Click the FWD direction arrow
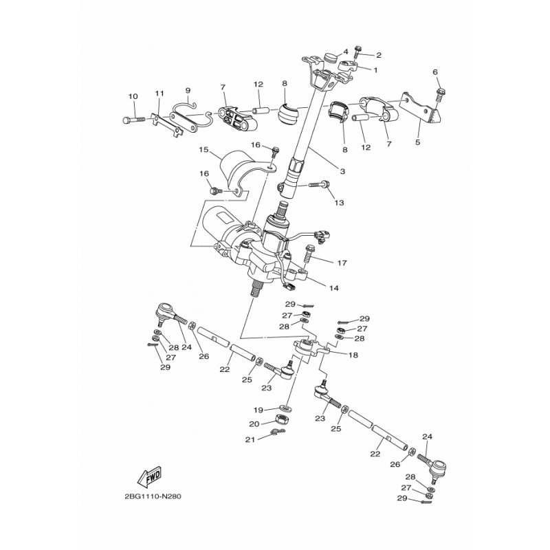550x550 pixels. [x=149, y=476]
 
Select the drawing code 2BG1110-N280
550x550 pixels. [x=153, y=496]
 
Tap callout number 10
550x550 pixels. [x=133, y=96]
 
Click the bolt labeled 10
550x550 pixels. [x=133, y=120]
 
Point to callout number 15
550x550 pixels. [x=203, y=150]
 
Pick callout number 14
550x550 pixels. [x=334, y=288]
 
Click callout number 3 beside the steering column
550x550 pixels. [x=342, y=171]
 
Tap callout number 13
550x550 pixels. [x=339, y=202]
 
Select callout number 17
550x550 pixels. [x=342, y=263]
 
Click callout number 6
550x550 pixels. [x=435, y=72]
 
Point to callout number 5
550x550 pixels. [x=417, y=142]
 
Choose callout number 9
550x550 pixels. [x=188, y=91]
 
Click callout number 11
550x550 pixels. [x=159, y=93]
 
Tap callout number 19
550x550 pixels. [x=258, y=410]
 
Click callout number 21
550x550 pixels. [x=250, y=439]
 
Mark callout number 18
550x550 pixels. [x=353, y=355]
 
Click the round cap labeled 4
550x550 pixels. [x=330, y=57]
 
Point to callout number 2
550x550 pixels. [x=379, y=55]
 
